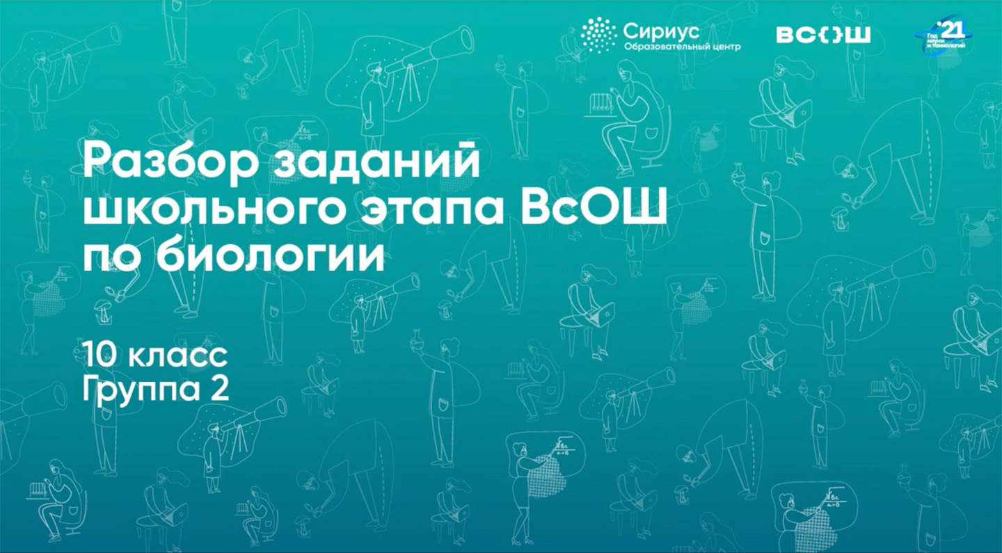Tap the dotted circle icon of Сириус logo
coord(598,35)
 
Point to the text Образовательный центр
coord(682,47)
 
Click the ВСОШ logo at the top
coord(823,35)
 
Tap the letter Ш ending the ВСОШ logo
coord(857,35)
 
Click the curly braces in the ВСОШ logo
coord(824,35)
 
